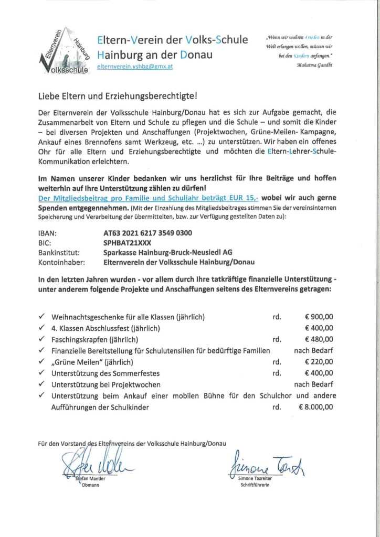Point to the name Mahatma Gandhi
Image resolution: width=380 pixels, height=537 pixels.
(314, 65)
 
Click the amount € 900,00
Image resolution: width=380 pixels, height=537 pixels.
(319, 317)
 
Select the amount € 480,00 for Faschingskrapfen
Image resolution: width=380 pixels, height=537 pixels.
(319, 339)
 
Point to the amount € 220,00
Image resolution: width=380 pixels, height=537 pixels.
(319, 362)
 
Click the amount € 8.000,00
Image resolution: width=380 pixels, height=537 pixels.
(316, 406)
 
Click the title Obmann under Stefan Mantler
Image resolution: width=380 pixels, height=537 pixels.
(91, 485)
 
